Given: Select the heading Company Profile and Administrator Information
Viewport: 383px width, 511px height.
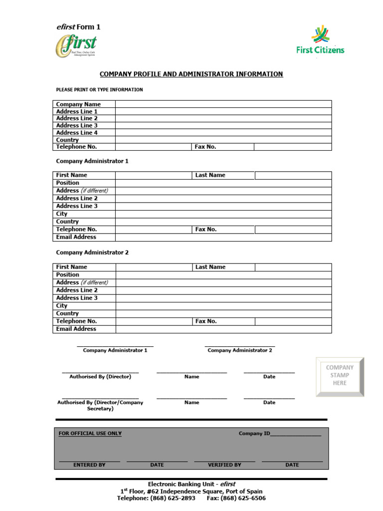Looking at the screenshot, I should point(191,74).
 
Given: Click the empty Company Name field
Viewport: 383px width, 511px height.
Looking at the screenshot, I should point(223,104).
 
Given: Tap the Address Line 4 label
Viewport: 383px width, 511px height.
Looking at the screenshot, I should point(77,133).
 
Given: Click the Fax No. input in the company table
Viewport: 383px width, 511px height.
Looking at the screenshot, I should point(292,147).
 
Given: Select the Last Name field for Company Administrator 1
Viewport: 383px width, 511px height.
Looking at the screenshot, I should point(293,175).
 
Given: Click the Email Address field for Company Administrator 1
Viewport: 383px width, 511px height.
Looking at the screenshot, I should point(223,237).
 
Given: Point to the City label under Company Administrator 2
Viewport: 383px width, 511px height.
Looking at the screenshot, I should point(62,305).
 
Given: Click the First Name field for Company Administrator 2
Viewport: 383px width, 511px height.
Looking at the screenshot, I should point(154,267).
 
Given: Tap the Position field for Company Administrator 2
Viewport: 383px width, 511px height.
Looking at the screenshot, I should point(223,274).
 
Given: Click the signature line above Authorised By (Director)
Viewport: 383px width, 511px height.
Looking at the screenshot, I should point(100,372).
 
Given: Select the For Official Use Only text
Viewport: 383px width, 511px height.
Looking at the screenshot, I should point(90,434).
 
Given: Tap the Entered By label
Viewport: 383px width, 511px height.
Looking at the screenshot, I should point(89,465).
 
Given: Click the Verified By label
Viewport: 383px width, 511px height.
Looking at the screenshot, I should point(224,465).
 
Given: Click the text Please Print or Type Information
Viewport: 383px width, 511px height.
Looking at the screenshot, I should point(99,90).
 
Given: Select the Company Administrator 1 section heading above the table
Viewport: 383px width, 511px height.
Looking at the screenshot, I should point(92,161).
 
